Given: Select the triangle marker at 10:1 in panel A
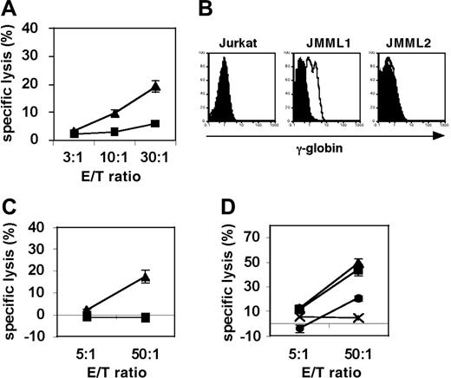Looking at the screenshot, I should pos(114,113).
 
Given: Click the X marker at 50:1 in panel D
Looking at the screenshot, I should pos(382,318).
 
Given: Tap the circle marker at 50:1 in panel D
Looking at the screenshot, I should pos(382,298).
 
